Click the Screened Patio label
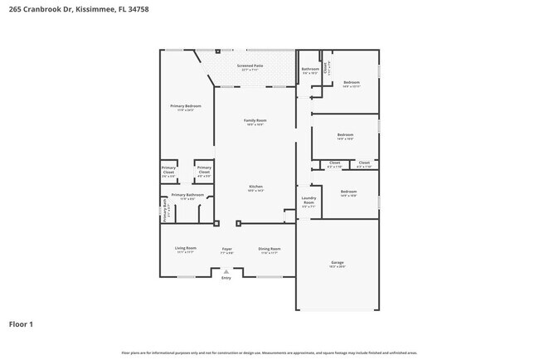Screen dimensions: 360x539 click(250, 66)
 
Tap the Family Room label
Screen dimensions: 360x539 click(255, 122)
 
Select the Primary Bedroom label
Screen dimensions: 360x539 click(186, 108)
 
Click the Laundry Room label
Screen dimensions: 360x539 click(308, 200)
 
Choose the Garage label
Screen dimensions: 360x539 click(337, 264)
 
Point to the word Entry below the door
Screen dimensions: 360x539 click(226, 278)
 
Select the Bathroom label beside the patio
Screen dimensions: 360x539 click(310, 70)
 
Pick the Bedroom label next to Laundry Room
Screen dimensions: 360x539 click(348, 193)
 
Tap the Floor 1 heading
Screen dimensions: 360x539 click(21, 324)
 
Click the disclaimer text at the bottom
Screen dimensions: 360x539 click(269, 353)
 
